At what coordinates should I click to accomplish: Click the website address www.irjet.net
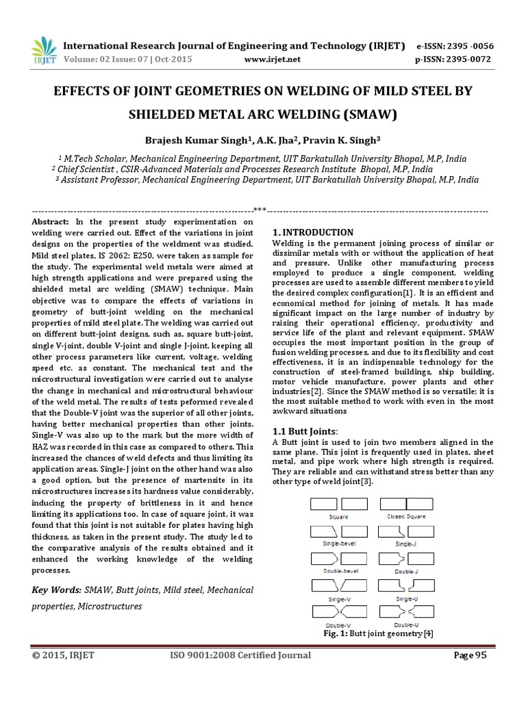[x=273, y=59]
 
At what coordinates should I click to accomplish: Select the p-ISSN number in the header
[x=455, y=59]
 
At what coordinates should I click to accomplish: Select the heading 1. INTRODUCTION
[x=313, y=232]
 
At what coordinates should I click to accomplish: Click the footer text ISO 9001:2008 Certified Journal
[x=240, y=655]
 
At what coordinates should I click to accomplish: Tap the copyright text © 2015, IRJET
[x=63, y=655]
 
